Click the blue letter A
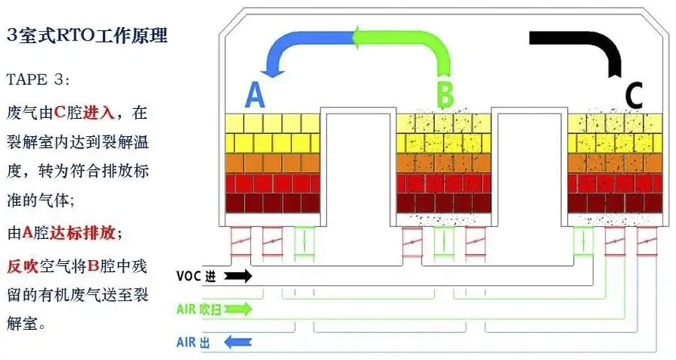coord(255,95)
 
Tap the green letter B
coord(445,95)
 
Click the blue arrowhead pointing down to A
coord(271,71)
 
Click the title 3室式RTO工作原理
coord(86,35)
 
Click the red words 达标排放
coord(82,232)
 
